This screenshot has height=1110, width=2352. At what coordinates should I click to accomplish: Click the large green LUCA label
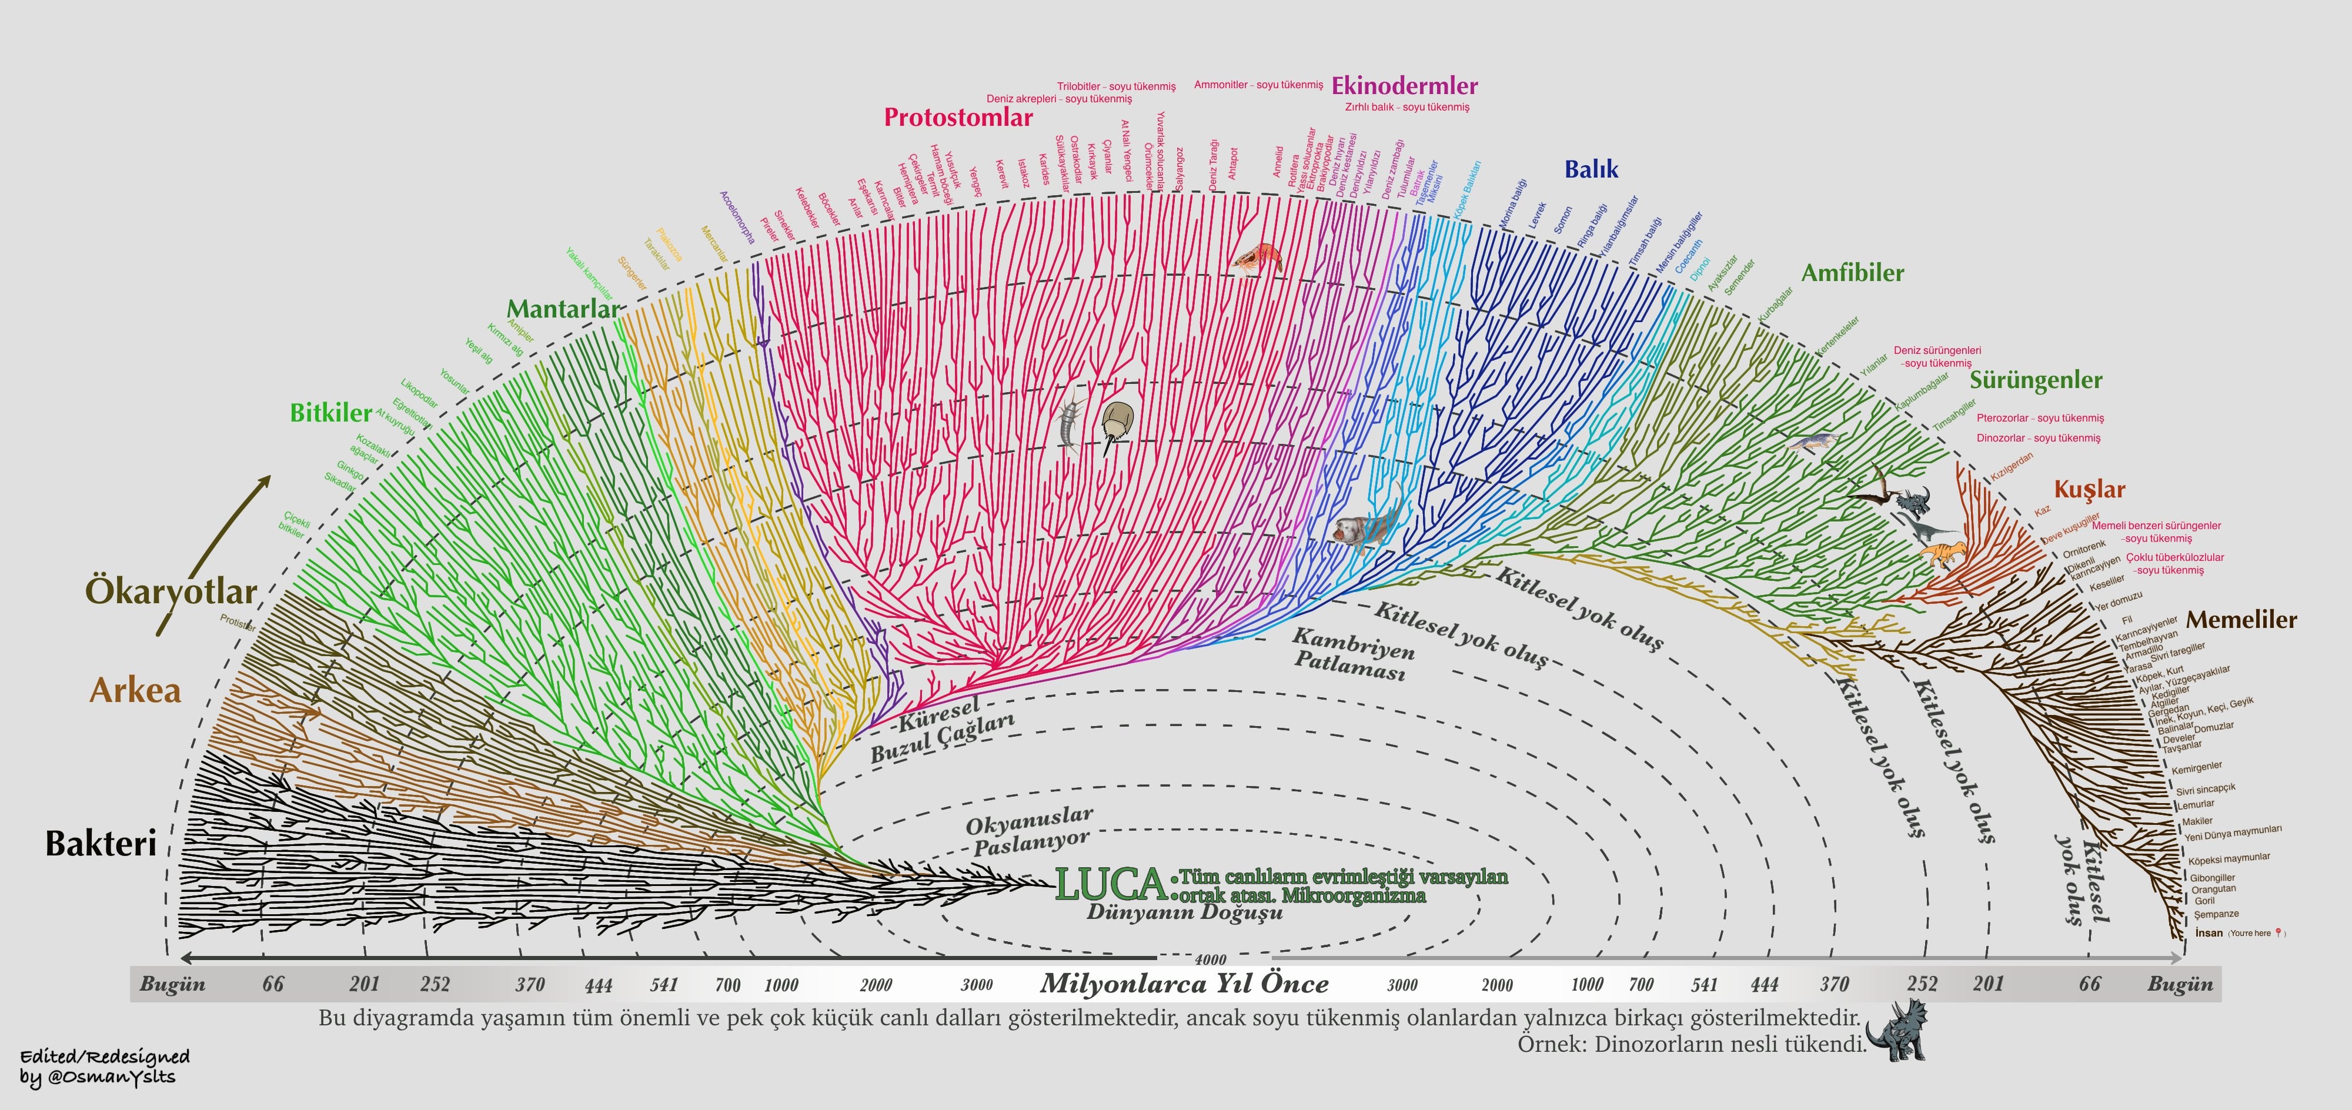click(x=1110, y=884)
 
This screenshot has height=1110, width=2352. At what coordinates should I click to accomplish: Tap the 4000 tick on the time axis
click(x=1210, y=959)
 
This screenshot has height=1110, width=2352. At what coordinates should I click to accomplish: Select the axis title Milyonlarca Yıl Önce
click(x=1184, y=984)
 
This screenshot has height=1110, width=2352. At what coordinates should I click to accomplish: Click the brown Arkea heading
click(x=135, y=691)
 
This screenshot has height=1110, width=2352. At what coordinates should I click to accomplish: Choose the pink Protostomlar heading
click(x=958, y=118)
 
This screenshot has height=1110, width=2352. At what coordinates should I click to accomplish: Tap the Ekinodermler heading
click(x=1404, y=86)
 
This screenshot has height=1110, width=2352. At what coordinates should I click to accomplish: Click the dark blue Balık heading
click(x=1591, y=169)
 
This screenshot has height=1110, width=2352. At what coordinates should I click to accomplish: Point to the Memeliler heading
click(x=2241, y=620)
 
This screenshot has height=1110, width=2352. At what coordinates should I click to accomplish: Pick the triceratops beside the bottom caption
click(x=1896, y=1031)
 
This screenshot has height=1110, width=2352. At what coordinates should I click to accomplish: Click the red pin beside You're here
click(x=2279, y=932)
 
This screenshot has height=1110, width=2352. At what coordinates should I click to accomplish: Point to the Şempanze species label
click(x=2216, y=914)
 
